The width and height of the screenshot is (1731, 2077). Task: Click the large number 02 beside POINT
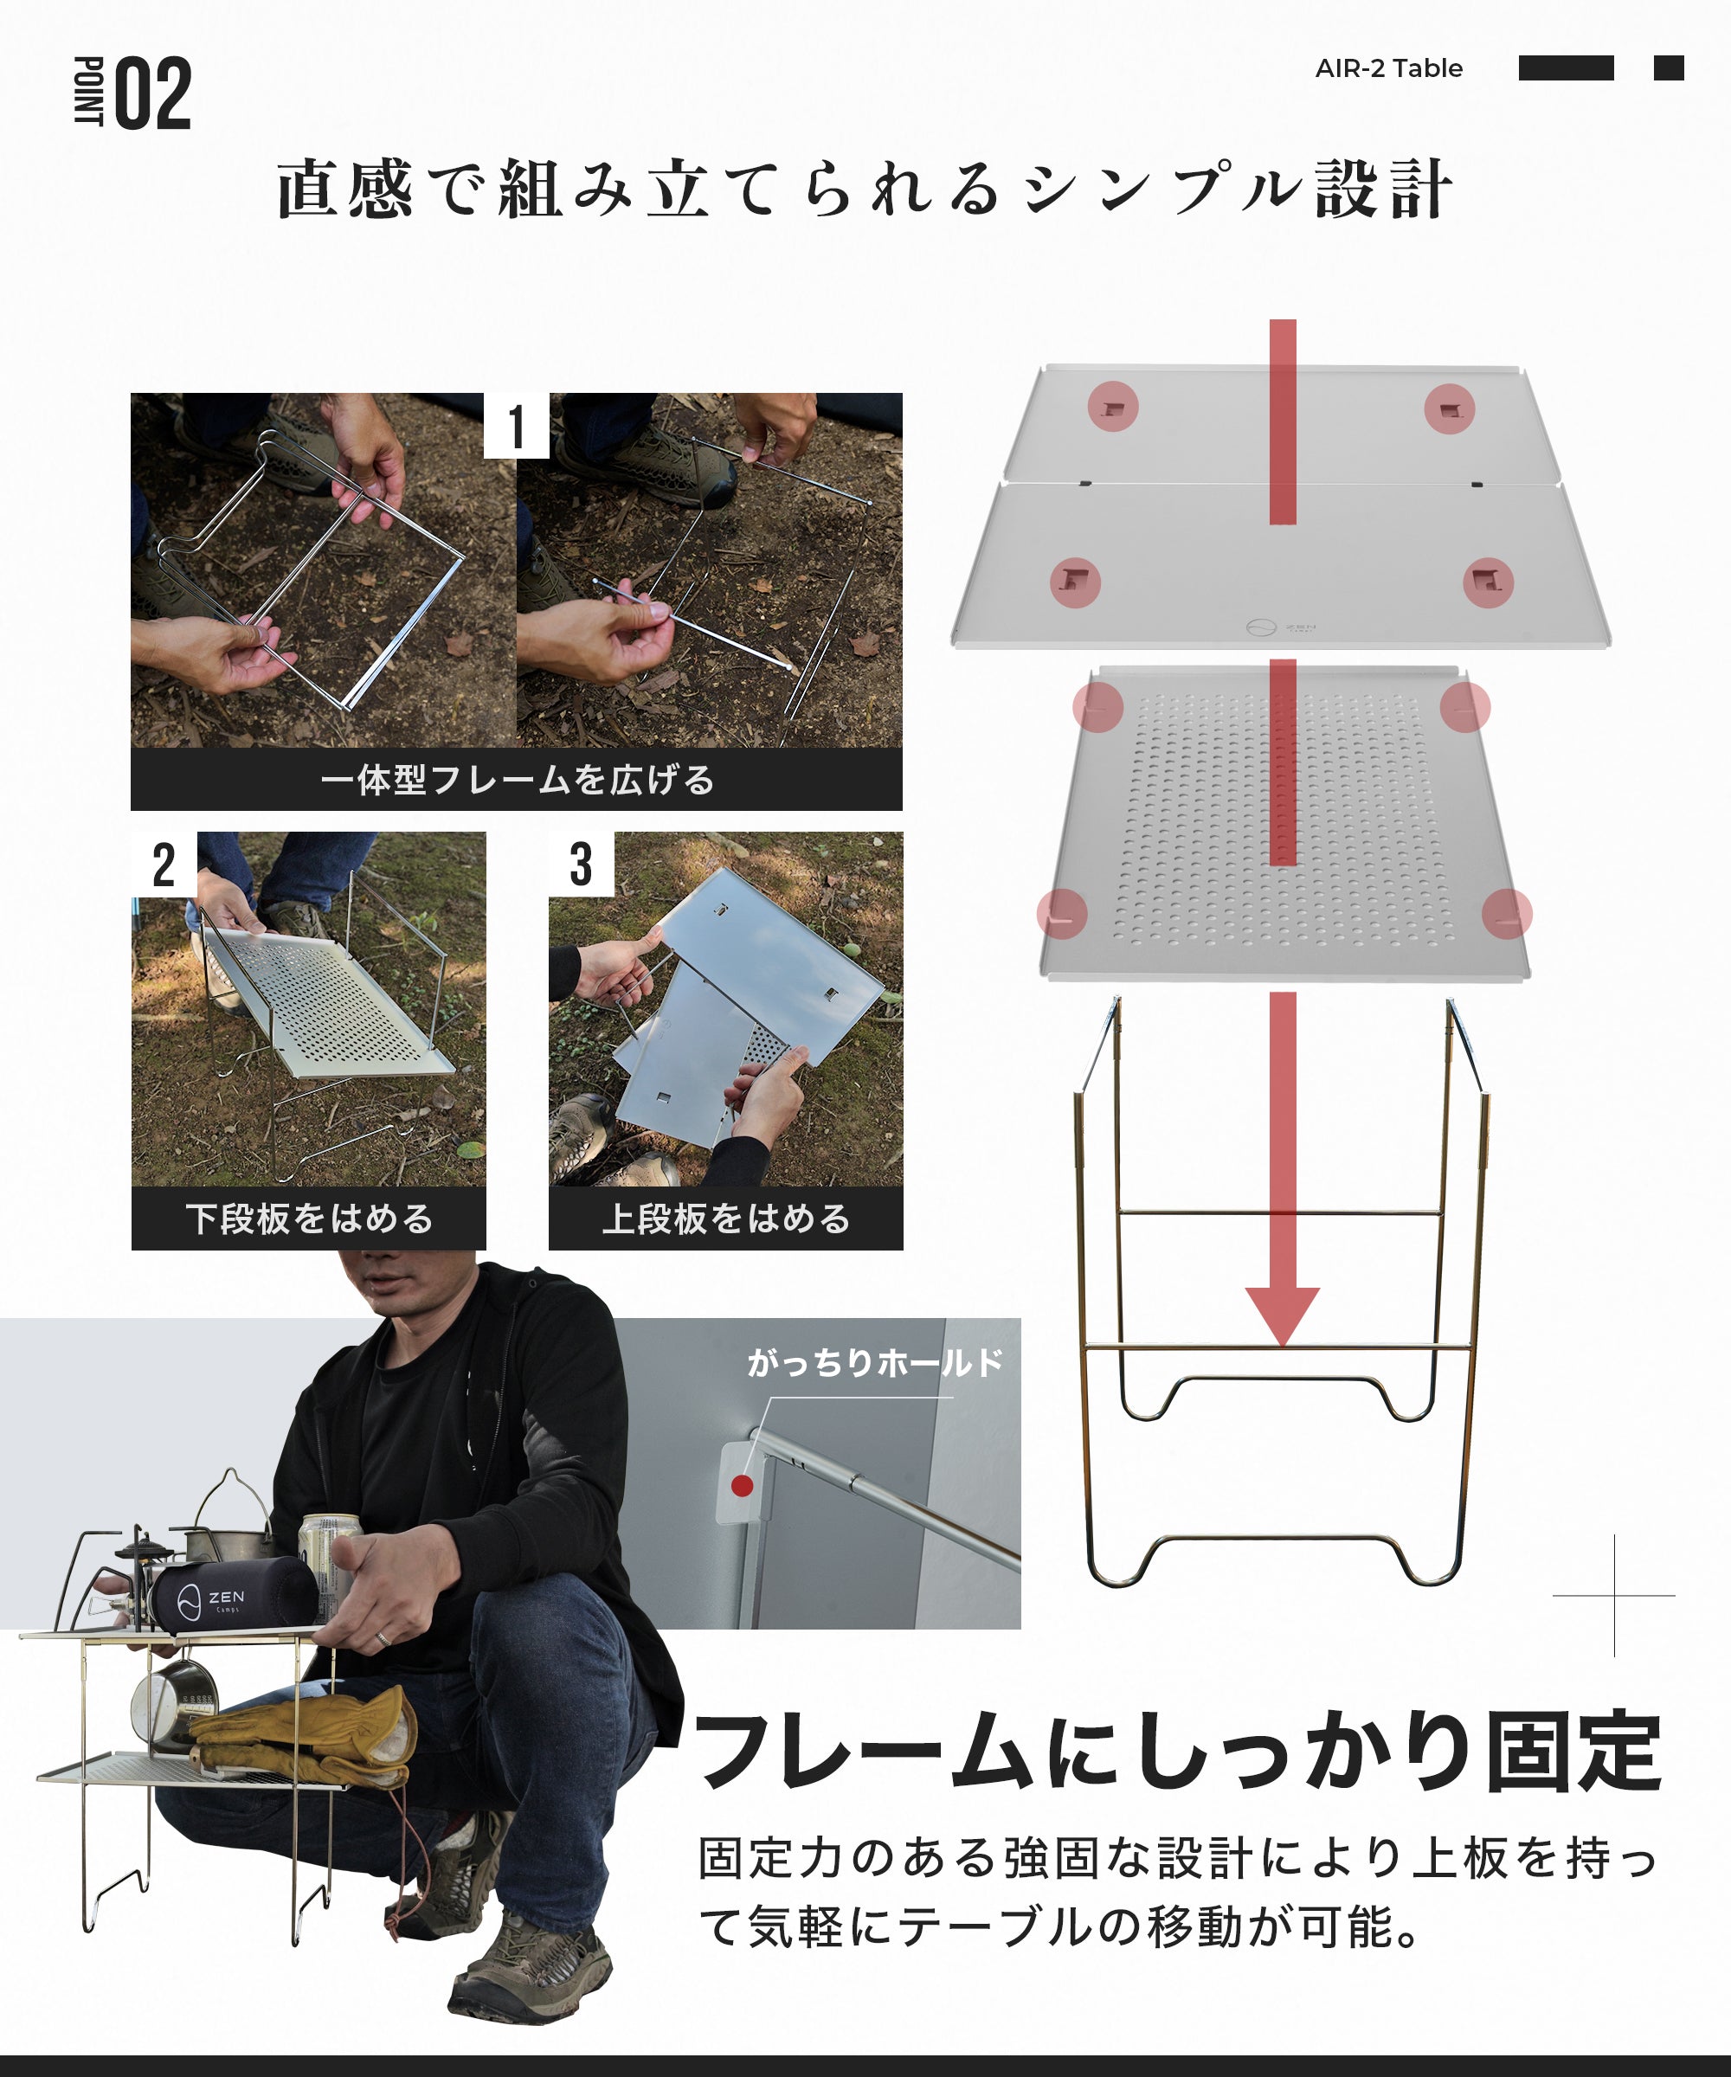[x=153, y=94]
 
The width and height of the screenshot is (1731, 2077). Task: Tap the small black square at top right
[x=1668, y=68]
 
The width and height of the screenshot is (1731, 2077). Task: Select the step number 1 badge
[x=515, y=427]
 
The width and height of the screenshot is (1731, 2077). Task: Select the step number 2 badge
[x=164, y=865]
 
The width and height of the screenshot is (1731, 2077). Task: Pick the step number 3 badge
[x=582, y=865]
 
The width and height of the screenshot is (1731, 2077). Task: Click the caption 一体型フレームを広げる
[x=517, y=781]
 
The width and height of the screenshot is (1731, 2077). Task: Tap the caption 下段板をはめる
[x=309, y=1219]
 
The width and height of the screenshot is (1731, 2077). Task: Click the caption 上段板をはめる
[x=726, y=1219]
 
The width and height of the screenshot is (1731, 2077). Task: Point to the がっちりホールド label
[x=874, y=1363]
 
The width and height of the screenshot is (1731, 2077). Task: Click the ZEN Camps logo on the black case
[x=213, y=1599]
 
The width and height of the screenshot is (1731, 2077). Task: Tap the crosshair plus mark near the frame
[x=1614, y=1595]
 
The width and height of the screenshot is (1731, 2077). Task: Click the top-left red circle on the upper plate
[x=1113, y=407]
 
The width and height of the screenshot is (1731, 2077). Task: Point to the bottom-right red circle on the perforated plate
[x=1507, y=913]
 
